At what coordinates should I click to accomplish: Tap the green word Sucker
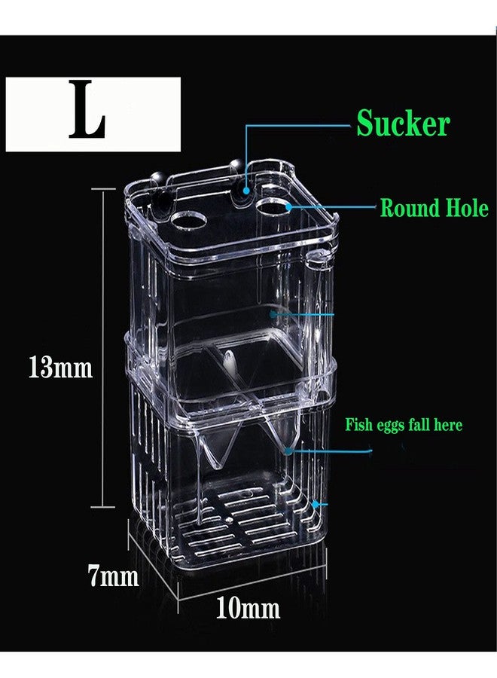(403, 124)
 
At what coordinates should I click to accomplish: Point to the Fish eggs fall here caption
(404, 425)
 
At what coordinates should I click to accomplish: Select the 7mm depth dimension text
(114, 576)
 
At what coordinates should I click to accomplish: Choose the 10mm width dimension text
(247, 608)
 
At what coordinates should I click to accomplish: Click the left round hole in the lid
(188, 221)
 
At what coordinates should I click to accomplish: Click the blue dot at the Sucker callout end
(246, 191)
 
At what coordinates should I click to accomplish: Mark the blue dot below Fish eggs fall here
(288, 451)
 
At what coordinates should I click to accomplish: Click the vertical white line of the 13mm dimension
(103, 347)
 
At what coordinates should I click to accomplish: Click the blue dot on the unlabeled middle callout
(273, 314)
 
